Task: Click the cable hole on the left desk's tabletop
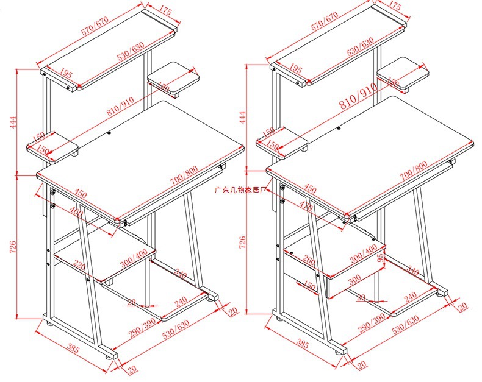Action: [109, 132]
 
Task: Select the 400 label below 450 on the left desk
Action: [76, 213]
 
